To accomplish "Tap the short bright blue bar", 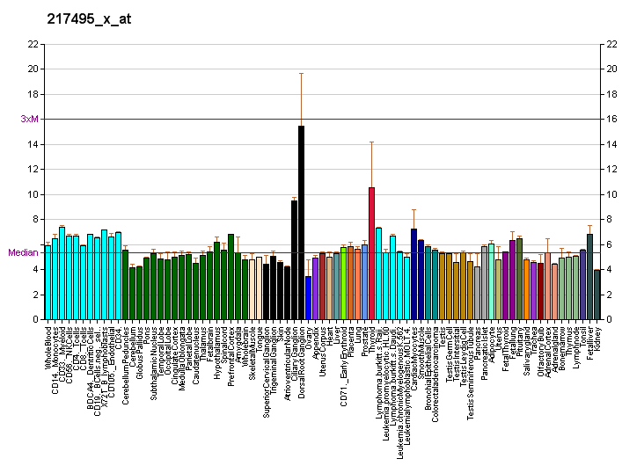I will pyautogui.click(x=308, y=298).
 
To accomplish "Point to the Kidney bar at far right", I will pyautogui.click(x=596, y=295).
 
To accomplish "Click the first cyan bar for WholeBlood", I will pyautogui.click(x=48, y=281).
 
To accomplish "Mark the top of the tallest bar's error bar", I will pyautogui.click(x=301, y=73).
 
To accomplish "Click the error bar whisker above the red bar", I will pyautogui.click(x=371, y=142).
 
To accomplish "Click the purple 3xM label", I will pyautogui.click(x=29, y=119).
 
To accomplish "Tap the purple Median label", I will pyautogui.click(x=23, y=252).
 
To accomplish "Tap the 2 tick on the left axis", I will pyautogui.click(x=35, y=295).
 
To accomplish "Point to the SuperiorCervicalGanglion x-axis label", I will pyautogui.click(x=267, y=369).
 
